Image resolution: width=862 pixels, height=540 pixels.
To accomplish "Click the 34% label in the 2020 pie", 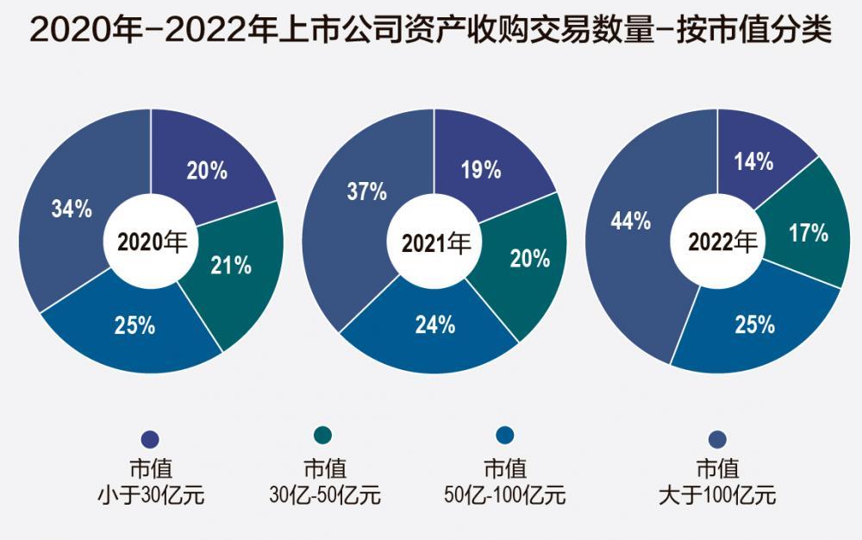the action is pos(72,209).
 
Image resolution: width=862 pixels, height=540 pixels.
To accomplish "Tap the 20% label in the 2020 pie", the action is pos(207,171).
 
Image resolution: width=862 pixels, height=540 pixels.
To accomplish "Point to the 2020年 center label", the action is pos(152,242).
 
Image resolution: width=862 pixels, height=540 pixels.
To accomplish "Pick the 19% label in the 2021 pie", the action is pos(481,169).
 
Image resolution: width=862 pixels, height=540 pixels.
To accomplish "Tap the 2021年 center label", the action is pos(436,242).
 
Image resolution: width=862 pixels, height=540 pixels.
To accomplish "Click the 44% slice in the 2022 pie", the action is pos(632,231).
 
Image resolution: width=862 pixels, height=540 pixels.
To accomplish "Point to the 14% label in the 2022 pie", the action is pos(753,161).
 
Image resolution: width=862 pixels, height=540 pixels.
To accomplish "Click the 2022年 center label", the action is pos(722,242).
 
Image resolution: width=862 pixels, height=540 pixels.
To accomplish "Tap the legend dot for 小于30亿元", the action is pos(150,439).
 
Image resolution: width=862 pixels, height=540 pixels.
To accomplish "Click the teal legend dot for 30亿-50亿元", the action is pos(322,435).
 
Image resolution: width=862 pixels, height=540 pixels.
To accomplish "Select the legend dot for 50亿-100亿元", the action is pos(504,435).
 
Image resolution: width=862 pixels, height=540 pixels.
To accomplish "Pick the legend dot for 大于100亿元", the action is pos(717,439).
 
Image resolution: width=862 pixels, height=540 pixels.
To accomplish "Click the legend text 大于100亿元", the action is pos(717,495).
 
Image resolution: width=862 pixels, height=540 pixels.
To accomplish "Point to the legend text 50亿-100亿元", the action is pos(504,495).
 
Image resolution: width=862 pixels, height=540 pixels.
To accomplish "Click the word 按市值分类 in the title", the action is pos(753,28).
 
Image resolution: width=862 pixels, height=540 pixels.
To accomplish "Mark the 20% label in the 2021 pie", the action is pos(530,259).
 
